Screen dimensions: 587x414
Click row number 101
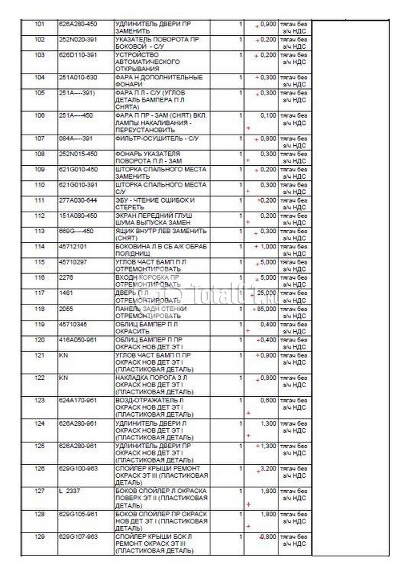[40, 23]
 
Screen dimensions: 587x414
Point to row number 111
[40, 200]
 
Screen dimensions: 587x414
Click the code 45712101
[71, 247]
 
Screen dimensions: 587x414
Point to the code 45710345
[71, 324]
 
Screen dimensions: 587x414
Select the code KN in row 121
[62, 355]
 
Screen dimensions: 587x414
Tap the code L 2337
[68, 491]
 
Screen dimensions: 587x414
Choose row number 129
[40, 537]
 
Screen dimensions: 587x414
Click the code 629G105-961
[78, 514]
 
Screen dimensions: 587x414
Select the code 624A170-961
[78, 400]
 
